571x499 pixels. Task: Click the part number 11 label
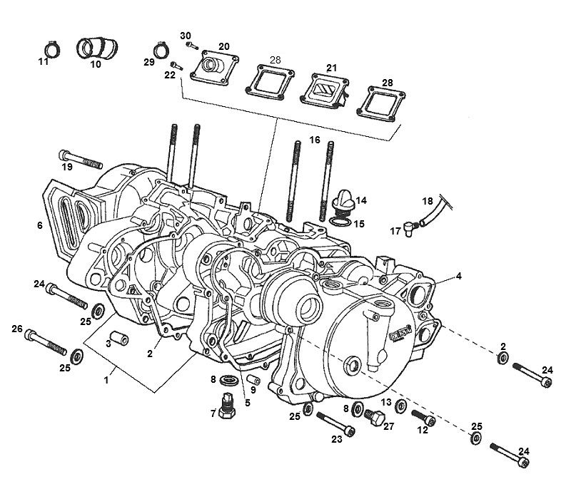pos(43,62)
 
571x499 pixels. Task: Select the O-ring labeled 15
pos(340,223)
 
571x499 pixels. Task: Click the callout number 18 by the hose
pos(427,201)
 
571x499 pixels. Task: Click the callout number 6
pos(40,225)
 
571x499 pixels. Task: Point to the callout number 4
pos(460,275)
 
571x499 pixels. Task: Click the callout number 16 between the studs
pos(315,140)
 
